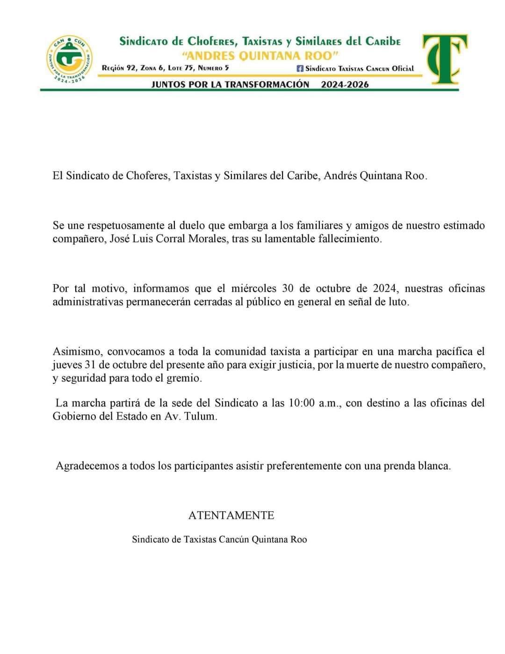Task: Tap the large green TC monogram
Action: click(444, 59)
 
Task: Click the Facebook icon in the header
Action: click(300, 68)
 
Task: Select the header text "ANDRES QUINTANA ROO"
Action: click(260, 56)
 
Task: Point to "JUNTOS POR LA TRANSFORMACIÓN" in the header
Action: click(230, 84)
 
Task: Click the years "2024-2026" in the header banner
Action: click(345, 84)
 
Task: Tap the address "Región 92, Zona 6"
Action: click(132, 68)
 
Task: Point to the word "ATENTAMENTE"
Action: click(231, 515)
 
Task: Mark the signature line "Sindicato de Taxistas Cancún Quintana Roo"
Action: click(219, 539)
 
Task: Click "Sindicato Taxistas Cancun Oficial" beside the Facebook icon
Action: click(360, 68)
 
